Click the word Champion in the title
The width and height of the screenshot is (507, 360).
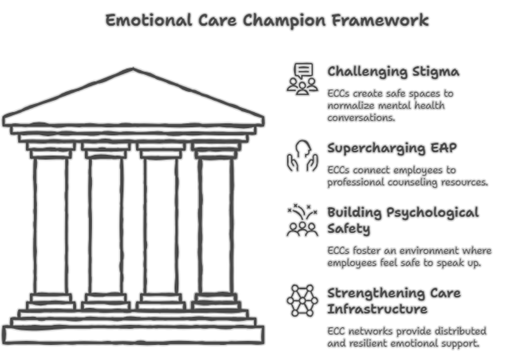pos(284,21)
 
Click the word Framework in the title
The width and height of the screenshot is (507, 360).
pos(381,20)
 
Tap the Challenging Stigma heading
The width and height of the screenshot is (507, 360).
pos(393,72)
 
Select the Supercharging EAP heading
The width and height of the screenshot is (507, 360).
pos(392,149)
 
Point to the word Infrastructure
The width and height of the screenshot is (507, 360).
pos(377,309)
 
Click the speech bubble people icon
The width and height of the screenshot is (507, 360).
pos(303,79)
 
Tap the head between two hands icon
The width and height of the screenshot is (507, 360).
pos(303,155)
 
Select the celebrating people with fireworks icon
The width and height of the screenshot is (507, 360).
pos(303,220)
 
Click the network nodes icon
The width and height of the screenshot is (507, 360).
pos(303,301)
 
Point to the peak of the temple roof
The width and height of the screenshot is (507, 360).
pos(133,69)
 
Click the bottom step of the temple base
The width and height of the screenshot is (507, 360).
pos(133,335)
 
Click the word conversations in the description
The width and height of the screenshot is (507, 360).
pos(361,118)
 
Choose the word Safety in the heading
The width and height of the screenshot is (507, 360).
pos(348,229)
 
